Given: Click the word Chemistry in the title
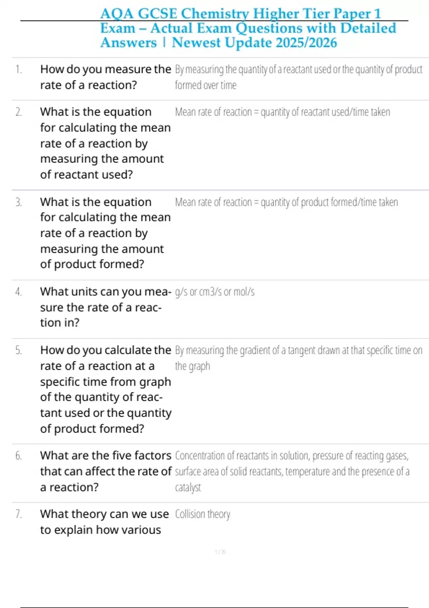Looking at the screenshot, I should click(x=215, y=14).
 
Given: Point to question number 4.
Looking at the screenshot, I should click(x=19, y=292).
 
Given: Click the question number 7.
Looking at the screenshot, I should click(x=19, y=514).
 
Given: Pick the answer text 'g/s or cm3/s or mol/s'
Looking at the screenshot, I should click(x=214, y=292).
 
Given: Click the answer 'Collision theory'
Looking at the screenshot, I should click(x=202, y=514).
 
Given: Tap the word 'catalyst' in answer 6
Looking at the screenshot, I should click(x=188, y=487).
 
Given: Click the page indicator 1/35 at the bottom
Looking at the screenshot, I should click(x=220, y=552).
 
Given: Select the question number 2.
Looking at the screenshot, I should click(x=19, y=112).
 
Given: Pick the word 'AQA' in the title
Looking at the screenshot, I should click(x=117, y=14).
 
